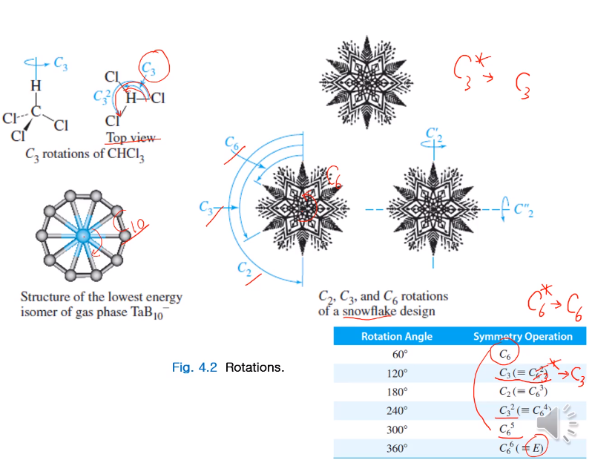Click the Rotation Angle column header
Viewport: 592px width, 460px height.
(396, 336)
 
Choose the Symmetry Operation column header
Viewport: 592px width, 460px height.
(523, 336)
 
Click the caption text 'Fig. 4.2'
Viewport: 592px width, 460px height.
(194, 367)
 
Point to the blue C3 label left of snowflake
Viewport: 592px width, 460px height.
(206, 208)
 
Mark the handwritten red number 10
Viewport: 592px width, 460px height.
(136, 224)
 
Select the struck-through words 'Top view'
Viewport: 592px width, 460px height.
(131, 138)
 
